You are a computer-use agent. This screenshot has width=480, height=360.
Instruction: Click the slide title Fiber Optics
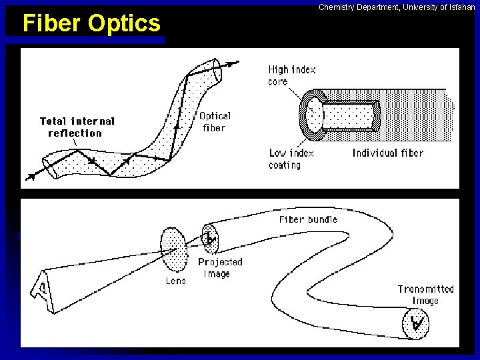tap(91, 23)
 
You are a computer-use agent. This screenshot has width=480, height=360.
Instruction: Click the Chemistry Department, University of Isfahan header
tap(397, 7)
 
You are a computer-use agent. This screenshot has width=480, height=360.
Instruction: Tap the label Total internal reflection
tap(77, 127)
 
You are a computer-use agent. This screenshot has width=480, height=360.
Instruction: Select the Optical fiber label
tap(215, 121)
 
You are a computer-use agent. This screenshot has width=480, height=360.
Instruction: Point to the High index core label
tap(291, 75)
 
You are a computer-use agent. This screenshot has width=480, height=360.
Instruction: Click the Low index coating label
tap(291, 159)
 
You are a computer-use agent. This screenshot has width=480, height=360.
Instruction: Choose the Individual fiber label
tap(388, 153)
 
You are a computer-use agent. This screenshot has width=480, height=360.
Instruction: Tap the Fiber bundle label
tap(308, 219)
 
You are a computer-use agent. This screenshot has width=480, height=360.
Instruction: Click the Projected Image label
tap(219, 267)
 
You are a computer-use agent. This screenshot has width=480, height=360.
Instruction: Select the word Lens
tap(176, 281)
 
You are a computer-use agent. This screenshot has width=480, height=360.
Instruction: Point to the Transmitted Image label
tap(425, 295)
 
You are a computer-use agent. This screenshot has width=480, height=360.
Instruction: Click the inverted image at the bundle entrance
tap(211, 237)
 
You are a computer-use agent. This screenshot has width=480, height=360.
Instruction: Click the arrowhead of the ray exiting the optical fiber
tap(234, 63)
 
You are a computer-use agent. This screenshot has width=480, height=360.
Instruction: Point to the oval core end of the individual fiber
tap(313, 114)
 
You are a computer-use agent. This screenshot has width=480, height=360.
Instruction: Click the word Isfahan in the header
tap(460, 7)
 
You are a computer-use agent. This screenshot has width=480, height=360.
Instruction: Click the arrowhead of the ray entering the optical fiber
tap(30, 177)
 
